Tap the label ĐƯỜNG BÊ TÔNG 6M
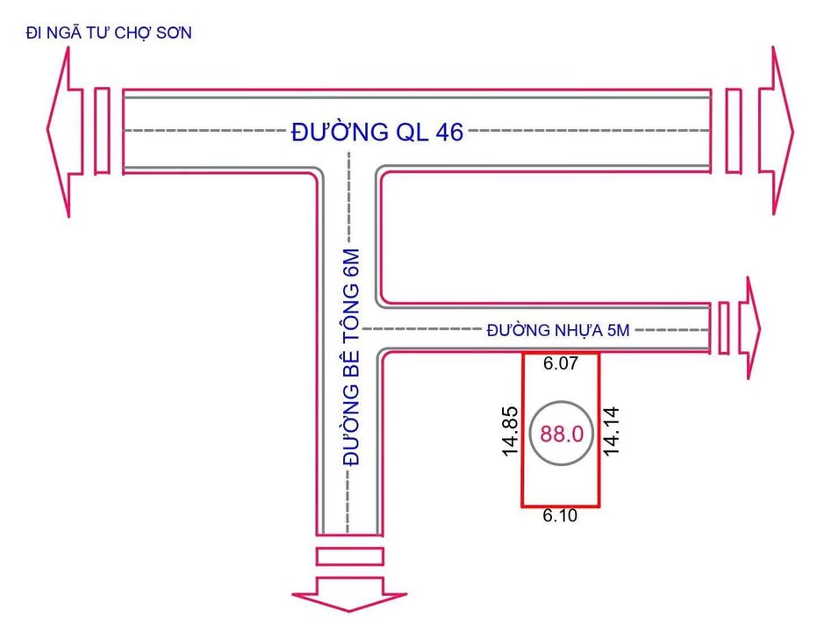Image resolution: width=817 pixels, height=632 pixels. [x=351, y=356]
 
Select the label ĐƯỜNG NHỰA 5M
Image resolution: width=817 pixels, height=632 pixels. [x=559, y=330]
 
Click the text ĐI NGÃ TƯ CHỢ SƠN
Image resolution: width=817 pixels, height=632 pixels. [x=109, y=33]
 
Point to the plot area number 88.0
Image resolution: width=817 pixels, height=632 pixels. [x=562, y=434]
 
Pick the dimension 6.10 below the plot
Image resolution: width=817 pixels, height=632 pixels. [x=560, y=516]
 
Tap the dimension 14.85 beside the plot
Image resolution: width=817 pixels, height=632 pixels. [x=508, y=430]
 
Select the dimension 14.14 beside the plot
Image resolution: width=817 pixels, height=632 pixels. [x=613, y=429]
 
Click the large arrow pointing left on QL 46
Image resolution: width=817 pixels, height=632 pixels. [x=63, y=131]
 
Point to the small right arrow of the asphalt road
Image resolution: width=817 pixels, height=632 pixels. [x=748, y=328]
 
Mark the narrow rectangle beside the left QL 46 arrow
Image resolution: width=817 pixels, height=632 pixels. [x=102, y=131]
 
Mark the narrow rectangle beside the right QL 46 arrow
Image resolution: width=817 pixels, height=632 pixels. [x=734, y=131]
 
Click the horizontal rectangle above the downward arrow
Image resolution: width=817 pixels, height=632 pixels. [x=349, y=556]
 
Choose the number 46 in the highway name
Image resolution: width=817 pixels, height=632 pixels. [x=443, y=133]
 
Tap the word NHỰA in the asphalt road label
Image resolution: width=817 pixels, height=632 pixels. [x=571, y=330]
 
